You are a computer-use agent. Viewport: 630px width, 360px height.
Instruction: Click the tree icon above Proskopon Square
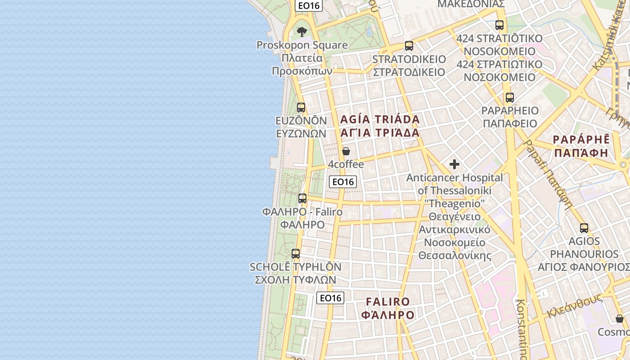pos(301,31)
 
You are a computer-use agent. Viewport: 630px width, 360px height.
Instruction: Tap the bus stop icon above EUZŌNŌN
pos(301,108)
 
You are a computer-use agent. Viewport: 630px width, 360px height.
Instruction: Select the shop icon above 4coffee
pos(346,151)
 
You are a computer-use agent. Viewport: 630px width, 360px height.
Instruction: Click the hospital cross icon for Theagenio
pos(454,164)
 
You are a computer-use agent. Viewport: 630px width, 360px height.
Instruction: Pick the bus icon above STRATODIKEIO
pos(409,46)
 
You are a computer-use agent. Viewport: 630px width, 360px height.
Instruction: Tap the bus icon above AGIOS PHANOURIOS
pos(584,228)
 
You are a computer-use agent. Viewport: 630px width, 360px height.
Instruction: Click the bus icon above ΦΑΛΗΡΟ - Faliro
pos(302,198)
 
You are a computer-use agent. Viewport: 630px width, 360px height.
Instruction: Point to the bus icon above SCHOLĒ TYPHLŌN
pos(296,254)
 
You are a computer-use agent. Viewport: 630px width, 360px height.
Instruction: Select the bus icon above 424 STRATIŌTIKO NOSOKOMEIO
pos(499,25)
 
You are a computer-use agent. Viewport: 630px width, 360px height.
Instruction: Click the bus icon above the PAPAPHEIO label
pos(509,98)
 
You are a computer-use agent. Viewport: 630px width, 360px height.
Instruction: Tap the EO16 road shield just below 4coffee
pos(343,182)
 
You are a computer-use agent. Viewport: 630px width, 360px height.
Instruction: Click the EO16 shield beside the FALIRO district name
pos(330,298)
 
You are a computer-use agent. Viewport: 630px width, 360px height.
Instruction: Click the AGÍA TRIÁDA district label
pos(380,120)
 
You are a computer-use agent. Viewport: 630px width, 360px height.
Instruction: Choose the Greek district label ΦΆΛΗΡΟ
pos(387,315)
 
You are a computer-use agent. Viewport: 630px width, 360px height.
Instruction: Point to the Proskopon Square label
pos(302,45)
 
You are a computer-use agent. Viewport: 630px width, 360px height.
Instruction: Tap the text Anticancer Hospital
pos(454,178)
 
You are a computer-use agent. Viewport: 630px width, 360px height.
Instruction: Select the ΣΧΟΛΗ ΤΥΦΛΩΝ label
pos(295,279)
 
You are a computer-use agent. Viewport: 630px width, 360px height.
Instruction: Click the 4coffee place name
pos(346,164)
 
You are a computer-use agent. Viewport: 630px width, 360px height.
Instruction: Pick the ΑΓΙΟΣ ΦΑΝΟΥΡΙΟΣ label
pos(584,267)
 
